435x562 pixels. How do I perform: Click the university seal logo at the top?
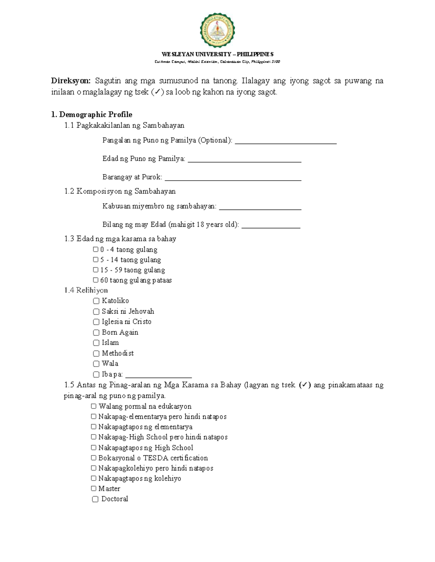pos(217,30)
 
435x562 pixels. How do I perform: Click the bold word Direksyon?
pos(70,81)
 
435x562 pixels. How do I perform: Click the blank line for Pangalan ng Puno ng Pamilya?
pos(286,143)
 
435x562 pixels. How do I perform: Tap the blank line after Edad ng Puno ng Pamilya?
pos(244,161)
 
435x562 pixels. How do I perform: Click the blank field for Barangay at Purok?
pos(233,179)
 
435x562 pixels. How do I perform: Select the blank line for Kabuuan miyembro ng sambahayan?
pos(260,209)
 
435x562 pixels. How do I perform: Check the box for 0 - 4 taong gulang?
pos(96,249)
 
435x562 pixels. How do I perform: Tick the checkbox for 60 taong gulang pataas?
pos(96,280)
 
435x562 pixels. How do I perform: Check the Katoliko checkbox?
pos(96,301)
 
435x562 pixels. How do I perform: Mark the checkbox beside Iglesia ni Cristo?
pos(96,322)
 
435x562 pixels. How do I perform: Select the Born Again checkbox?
pos(96,332)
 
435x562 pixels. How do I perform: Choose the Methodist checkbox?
pos(96,353)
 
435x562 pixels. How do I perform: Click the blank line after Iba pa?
pos(158,376)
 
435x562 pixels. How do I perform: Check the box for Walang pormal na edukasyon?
pos(94,406)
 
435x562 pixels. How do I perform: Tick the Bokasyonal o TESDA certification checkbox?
pos(94,458)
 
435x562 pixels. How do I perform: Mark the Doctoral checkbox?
pos(95,499)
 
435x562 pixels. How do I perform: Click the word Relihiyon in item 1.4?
pos(92,290)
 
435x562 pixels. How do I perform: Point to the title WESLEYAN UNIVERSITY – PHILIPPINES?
pos(217,54)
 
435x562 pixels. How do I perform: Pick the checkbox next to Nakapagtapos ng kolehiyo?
pos(94,478)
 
